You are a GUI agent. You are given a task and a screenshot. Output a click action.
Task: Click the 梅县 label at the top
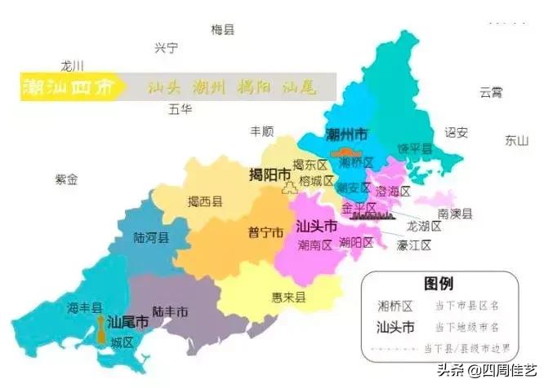[223, 30]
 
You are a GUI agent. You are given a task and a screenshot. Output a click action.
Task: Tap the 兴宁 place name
[166, 48]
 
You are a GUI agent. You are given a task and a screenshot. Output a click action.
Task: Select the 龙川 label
[73, 66]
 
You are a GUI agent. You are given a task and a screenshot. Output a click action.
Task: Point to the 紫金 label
[66, 179]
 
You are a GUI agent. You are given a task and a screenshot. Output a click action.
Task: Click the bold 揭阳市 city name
[270, 175]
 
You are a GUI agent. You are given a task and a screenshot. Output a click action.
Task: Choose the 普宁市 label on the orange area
[265, 232]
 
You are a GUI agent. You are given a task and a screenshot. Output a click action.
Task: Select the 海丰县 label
[84, 307]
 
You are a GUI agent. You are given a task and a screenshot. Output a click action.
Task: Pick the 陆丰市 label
[171, 311]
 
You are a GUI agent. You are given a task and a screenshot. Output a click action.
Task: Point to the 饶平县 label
[414, 148]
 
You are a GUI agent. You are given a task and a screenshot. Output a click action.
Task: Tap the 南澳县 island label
[455, 214]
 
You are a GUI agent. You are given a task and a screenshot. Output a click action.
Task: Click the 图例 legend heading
[438, 284]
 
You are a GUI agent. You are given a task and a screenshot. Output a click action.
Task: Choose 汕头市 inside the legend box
[395, 328]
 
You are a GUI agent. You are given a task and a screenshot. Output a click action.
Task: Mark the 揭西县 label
[204, 201]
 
